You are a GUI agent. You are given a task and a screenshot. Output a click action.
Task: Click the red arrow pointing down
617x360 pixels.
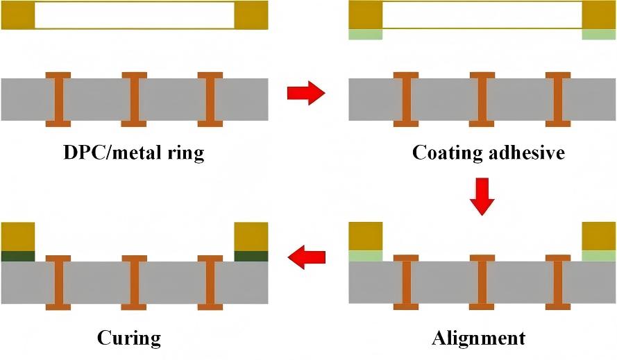coord(482,196)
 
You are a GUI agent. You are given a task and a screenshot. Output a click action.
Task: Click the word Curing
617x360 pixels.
coord(128,338)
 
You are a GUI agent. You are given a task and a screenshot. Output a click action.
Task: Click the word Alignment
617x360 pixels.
coord(478,338)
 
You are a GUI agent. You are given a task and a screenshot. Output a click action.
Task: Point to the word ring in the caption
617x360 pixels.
coord(186,152)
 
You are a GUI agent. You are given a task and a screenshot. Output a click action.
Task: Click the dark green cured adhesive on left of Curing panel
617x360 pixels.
coord(17,256)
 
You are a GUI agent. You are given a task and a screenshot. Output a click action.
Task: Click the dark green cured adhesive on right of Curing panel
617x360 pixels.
coord(251,256)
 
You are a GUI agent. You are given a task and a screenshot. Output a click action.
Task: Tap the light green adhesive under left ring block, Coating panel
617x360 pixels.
coord(365,34)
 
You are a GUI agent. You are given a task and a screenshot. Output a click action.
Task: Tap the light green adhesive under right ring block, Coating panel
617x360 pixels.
coord(598,34)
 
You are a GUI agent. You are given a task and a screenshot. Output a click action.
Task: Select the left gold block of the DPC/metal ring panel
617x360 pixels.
coord(17,15)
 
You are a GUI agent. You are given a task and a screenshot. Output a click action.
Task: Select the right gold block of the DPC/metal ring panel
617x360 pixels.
coord(251,15)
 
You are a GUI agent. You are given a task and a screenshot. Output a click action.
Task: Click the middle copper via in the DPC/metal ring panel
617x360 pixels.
coord(134,99)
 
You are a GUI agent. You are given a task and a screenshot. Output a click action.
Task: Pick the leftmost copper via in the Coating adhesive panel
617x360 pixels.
coord(406,99)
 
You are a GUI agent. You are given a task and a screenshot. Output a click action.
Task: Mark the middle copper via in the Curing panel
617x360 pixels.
coord(134,282)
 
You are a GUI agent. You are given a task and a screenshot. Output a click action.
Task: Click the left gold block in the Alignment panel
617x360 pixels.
coord(365,236)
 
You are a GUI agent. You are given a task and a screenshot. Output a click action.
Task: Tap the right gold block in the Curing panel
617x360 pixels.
coord(251,236)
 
